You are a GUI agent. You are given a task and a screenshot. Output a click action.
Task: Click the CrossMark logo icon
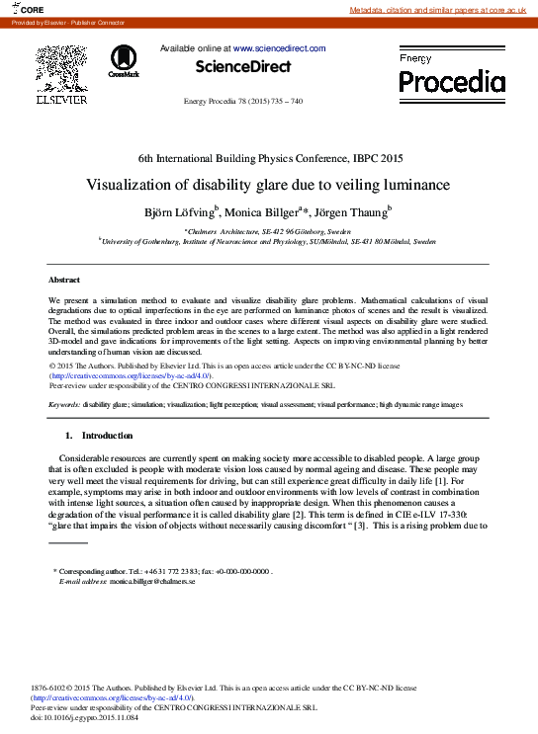pos(125,60)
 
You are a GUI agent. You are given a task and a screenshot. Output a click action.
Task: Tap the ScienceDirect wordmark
pos(243,67)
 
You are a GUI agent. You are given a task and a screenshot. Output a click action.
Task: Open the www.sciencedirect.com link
pos(279,47)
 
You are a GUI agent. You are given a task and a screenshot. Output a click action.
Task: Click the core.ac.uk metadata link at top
pos(442,10)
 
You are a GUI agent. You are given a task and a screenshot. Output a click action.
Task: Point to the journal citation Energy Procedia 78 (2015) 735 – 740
pos(243,102)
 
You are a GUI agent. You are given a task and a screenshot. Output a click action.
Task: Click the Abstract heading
pos(64,281)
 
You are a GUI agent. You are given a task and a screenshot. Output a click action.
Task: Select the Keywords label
pos(63,404)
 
